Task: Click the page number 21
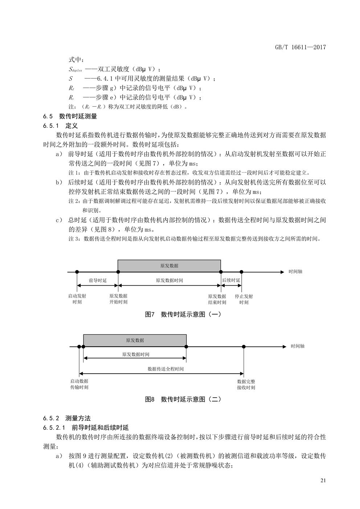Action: tap(323, 481)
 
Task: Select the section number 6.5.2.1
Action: tap(54, 427)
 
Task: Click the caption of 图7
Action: tap(183, 314)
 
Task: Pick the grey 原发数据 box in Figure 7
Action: tap(169, 266)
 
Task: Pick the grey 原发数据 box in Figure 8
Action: tap(135, 340)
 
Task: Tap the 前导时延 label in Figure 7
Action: tap(97, 281)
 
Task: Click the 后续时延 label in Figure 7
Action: tap(231, 281)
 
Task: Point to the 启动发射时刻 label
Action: tap(77, 299)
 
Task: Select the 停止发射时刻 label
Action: tap(244, 299)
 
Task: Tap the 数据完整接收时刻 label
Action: tap(246, 384)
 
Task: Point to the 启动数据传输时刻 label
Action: tap(79, 384)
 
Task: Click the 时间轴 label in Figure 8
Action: tap(298, 346)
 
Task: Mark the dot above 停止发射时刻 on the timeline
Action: tap(242, 272)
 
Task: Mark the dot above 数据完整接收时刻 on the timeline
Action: tap(244, 347)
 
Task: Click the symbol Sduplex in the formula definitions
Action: tap(75, 69)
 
